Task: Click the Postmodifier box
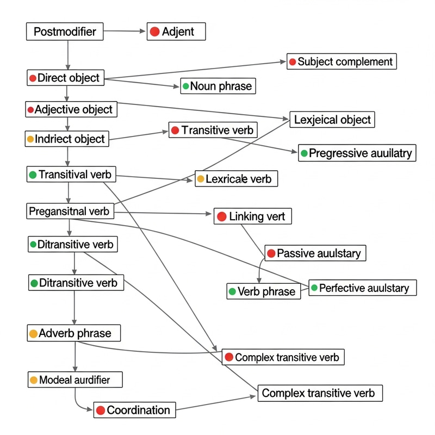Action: [64, 32]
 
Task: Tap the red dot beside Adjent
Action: [154, 32]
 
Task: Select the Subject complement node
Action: [342, 61]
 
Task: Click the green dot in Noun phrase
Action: [186, 86]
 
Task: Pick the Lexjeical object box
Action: [332, 120]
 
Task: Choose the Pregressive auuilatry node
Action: [356, 153]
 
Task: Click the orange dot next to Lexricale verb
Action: [201, 179]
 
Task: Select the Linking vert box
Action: [253, 216]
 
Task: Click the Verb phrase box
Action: [263, 291]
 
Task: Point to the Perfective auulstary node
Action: [363, 288]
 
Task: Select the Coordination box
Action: [135, 410]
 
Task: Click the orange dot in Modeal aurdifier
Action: [34, 380]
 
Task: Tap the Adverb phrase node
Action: [73, 333]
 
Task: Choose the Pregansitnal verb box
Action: [70, 210]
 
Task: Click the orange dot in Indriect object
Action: [30, 139]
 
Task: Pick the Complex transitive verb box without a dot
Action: [320, 393]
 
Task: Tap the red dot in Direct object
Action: [33, 78]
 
